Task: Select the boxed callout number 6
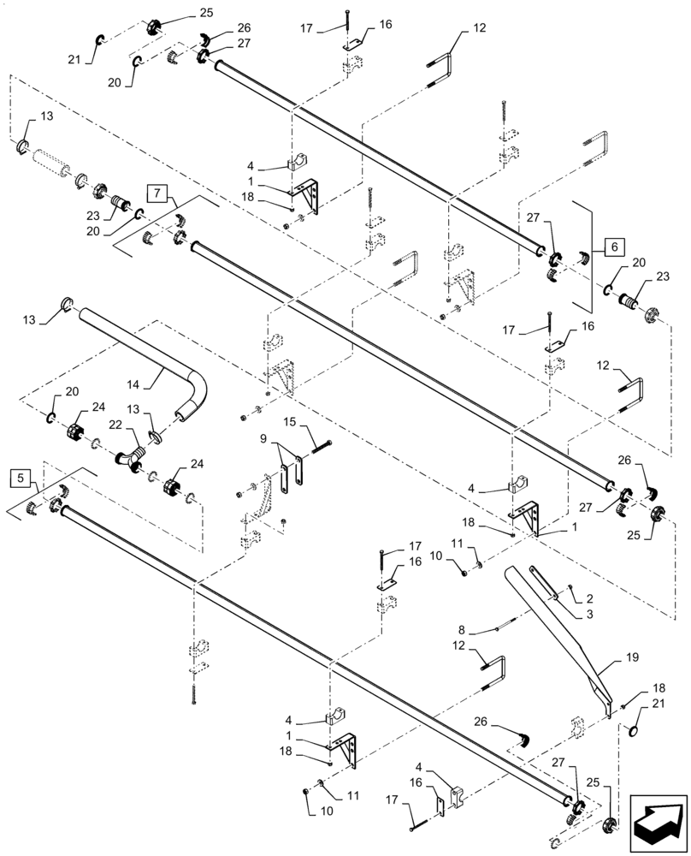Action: click(x=613, y=247)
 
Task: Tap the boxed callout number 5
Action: click(x=22, y=477)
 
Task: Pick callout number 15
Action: click(x=288, y=423)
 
